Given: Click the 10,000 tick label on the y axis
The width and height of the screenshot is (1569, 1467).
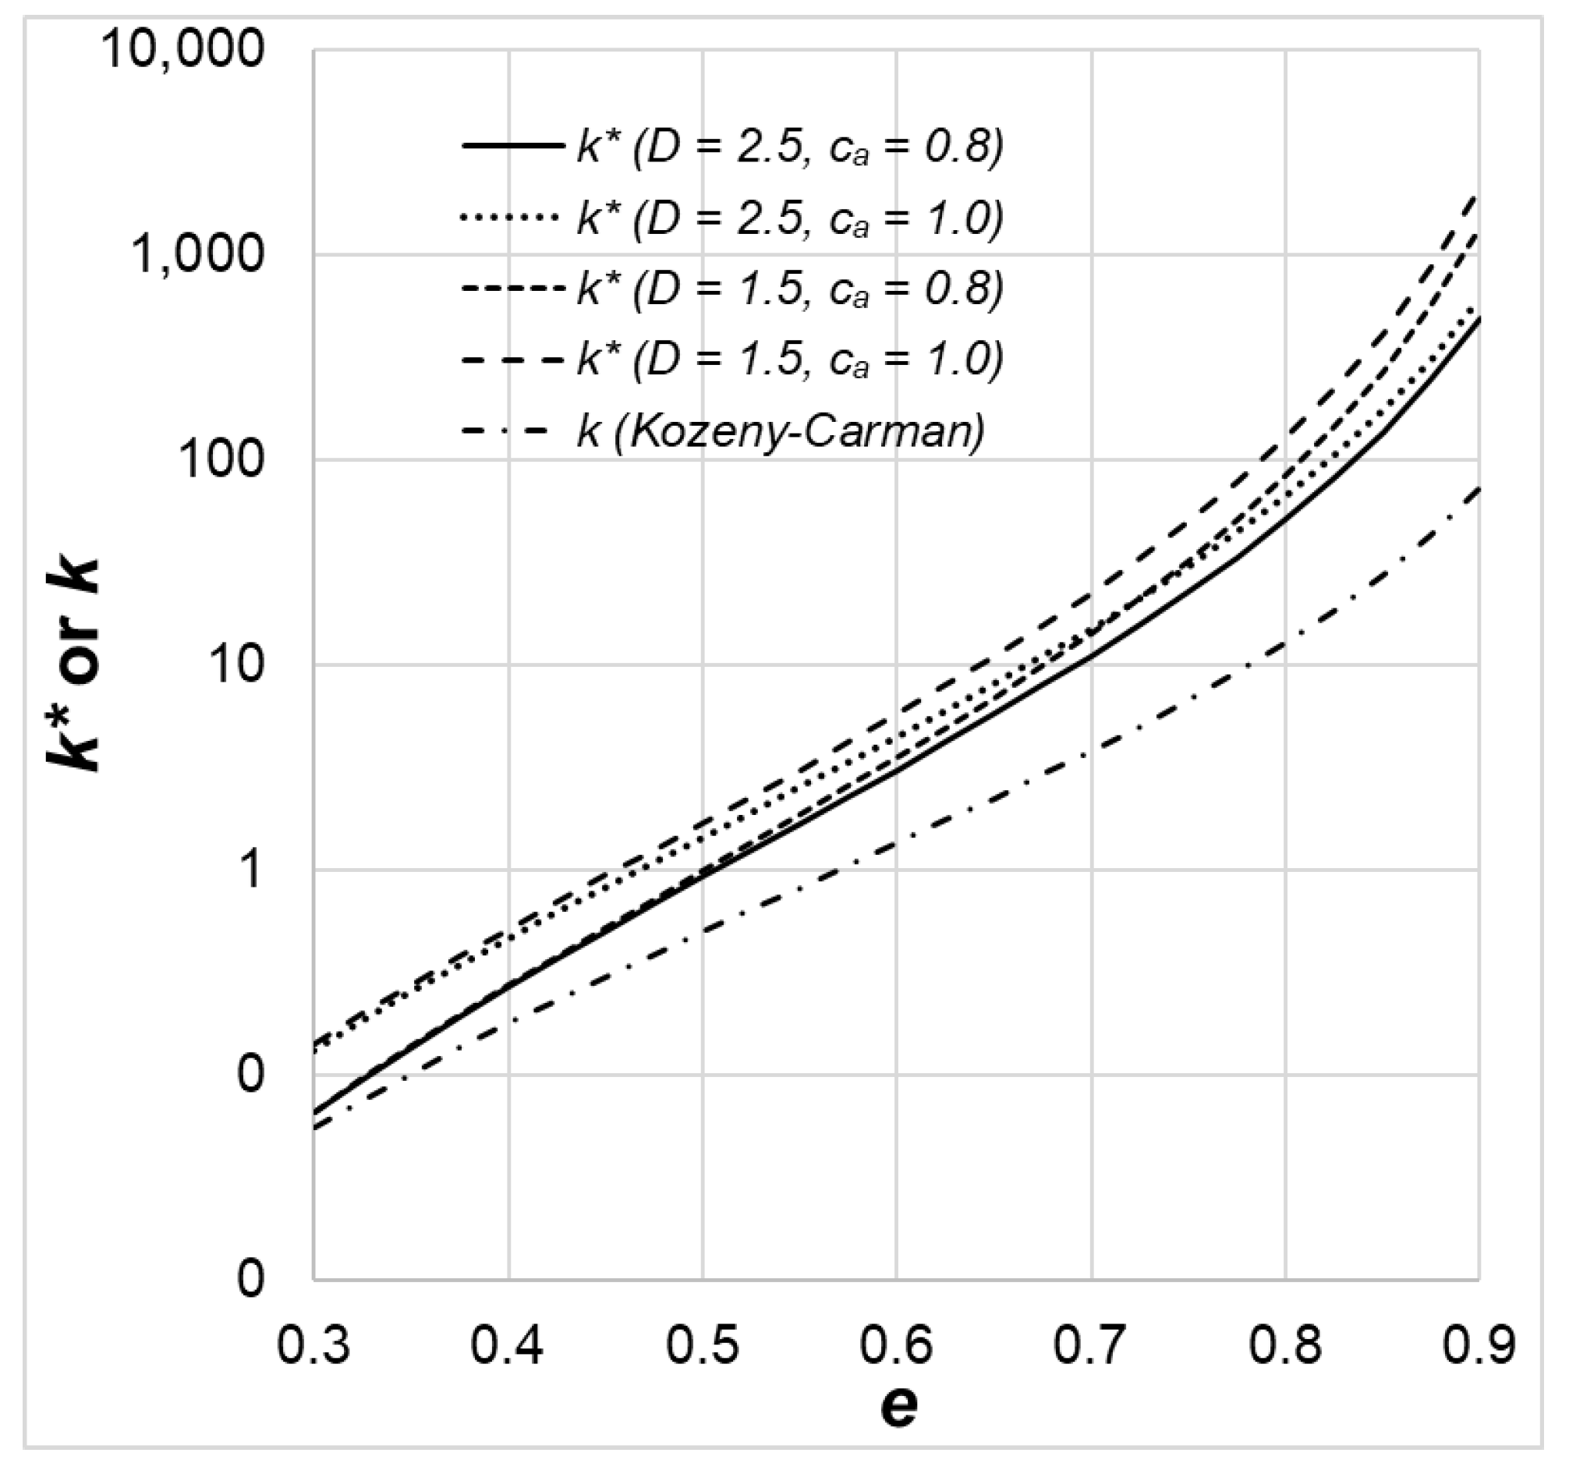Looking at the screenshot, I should (182, 49).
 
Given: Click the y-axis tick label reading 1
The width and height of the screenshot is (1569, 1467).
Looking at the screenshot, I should (251, 870).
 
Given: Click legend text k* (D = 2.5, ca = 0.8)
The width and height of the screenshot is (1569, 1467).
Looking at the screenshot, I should (790, 147).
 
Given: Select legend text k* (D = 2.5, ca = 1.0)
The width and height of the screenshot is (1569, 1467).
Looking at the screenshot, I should (790, 218).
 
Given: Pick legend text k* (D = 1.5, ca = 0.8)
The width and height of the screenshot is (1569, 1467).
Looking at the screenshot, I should (790, 289).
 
